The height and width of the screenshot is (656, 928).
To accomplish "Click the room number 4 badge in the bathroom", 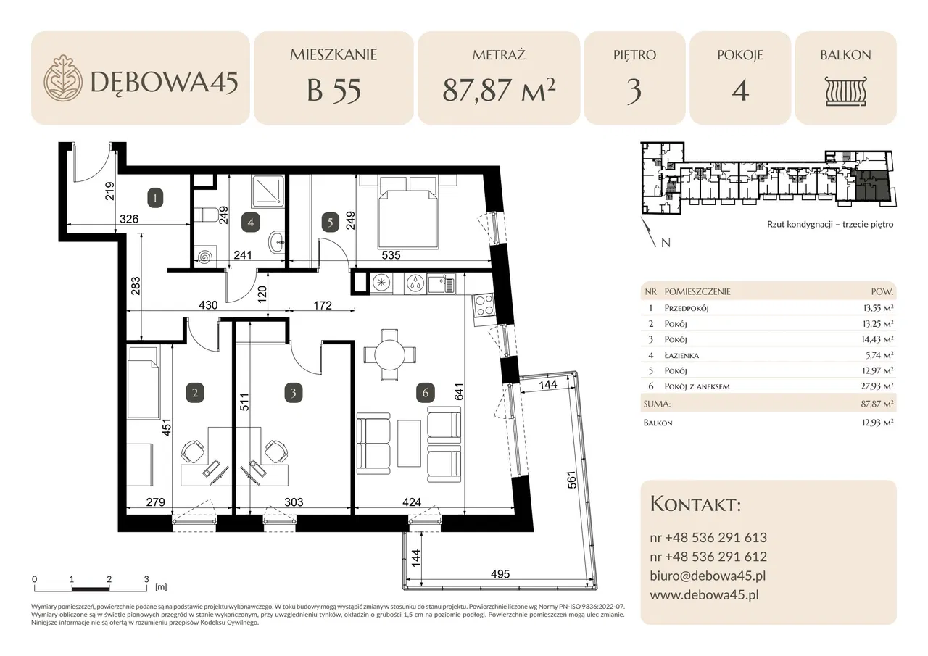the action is tap(251, 223).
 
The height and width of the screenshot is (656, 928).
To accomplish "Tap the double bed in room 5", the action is tap(407, 212).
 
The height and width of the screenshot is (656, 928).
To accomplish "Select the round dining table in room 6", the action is tap(389, 355).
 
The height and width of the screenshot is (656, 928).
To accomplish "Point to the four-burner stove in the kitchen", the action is tap(483, 306).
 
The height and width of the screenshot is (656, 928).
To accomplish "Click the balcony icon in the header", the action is tap(845, 91).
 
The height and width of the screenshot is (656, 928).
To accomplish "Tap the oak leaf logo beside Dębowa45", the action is tap(62, 78).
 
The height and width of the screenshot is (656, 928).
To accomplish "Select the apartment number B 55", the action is tap(333, 91).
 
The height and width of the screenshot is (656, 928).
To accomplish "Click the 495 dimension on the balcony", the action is tap(500, 574).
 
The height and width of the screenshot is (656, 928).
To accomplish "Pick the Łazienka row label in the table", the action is tap(681, 355).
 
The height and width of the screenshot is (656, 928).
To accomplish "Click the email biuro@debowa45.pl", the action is tap(708, 576).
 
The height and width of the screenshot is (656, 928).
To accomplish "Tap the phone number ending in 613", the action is tap(708, 538).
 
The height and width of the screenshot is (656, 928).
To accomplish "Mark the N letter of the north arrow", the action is tap(666, 243).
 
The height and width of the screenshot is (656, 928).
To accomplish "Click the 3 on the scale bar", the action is tap(146, 579).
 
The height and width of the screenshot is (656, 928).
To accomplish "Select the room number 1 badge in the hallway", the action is tap(155, 198).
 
